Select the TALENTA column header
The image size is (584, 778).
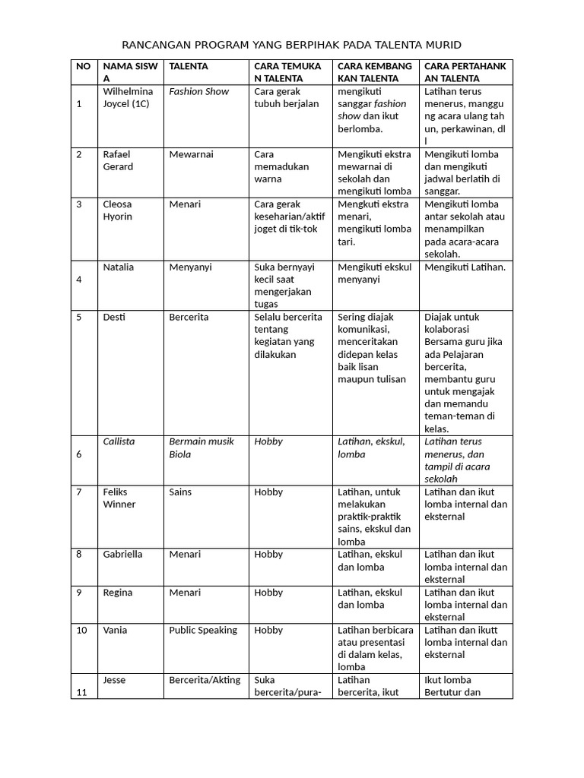[x=189, y=66]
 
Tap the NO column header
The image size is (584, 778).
[x=83, y=66]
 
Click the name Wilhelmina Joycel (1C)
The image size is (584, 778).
[x=128, y=97]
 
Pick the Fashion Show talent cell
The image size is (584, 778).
[x=198, y=91]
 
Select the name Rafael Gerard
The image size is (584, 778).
[x=118, y=160]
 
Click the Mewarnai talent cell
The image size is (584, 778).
[x=191, y=154]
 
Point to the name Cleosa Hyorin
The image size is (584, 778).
[x=118, y=210]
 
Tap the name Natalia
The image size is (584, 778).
[x=119, y=267]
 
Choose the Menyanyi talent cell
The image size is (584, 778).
[x=190, y=267]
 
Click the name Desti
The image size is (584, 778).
[x=114, y=317]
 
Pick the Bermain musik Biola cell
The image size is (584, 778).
[x=201, y=448]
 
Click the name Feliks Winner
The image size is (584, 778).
[x=119, y=498]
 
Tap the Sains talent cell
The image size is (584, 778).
[x=181, y=492]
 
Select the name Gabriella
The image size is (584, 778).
[x=122, y=554]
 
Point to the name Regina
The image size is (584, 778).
[x=118, y=592]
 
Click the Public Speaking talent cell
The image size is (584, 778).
[x=203, y=630]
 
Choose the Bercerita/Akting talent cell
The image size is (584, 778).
[x=205, y=680]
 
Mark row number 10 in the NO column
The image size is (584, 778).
[x=82, y=630]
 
